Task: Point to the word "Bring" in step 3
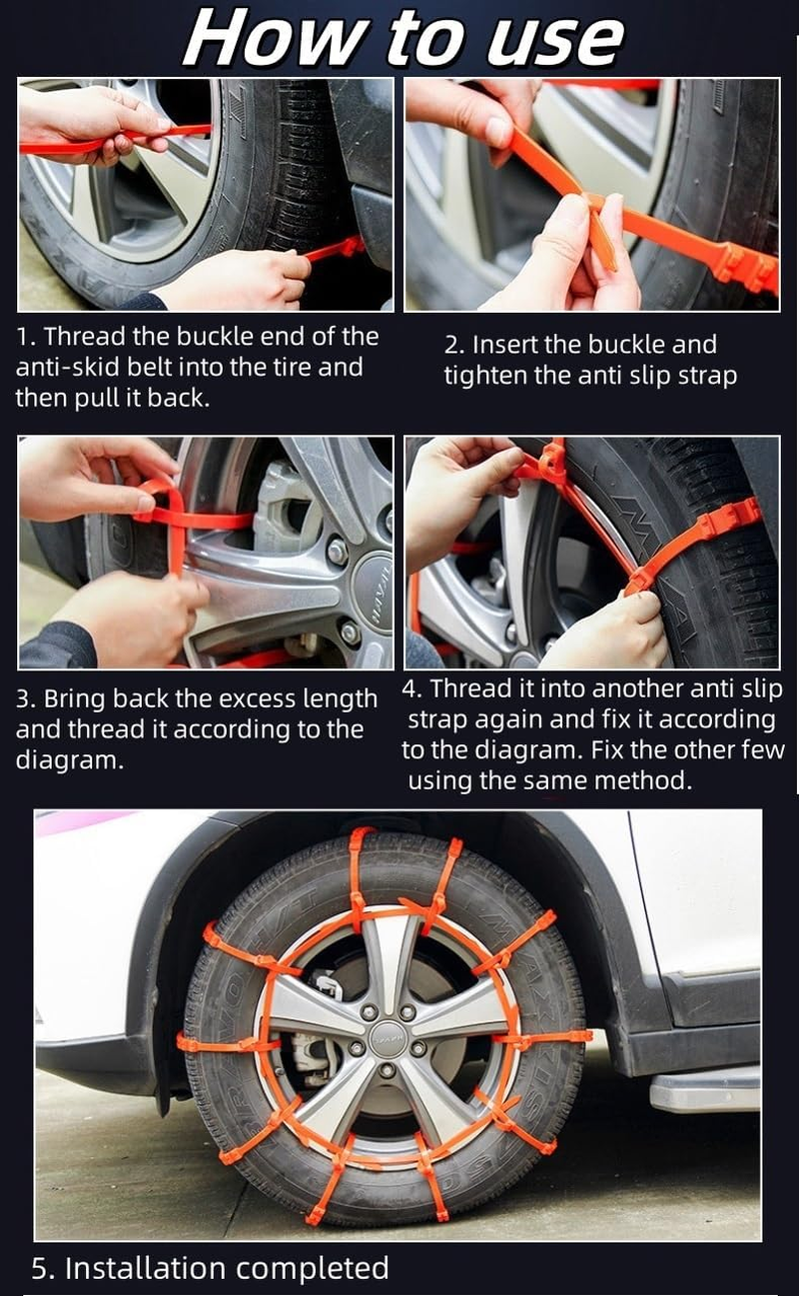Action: pos(76,698)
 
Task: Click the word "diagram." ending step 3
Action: pos(70,759)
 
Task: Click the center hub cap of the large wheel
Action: pos(386,1039)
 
